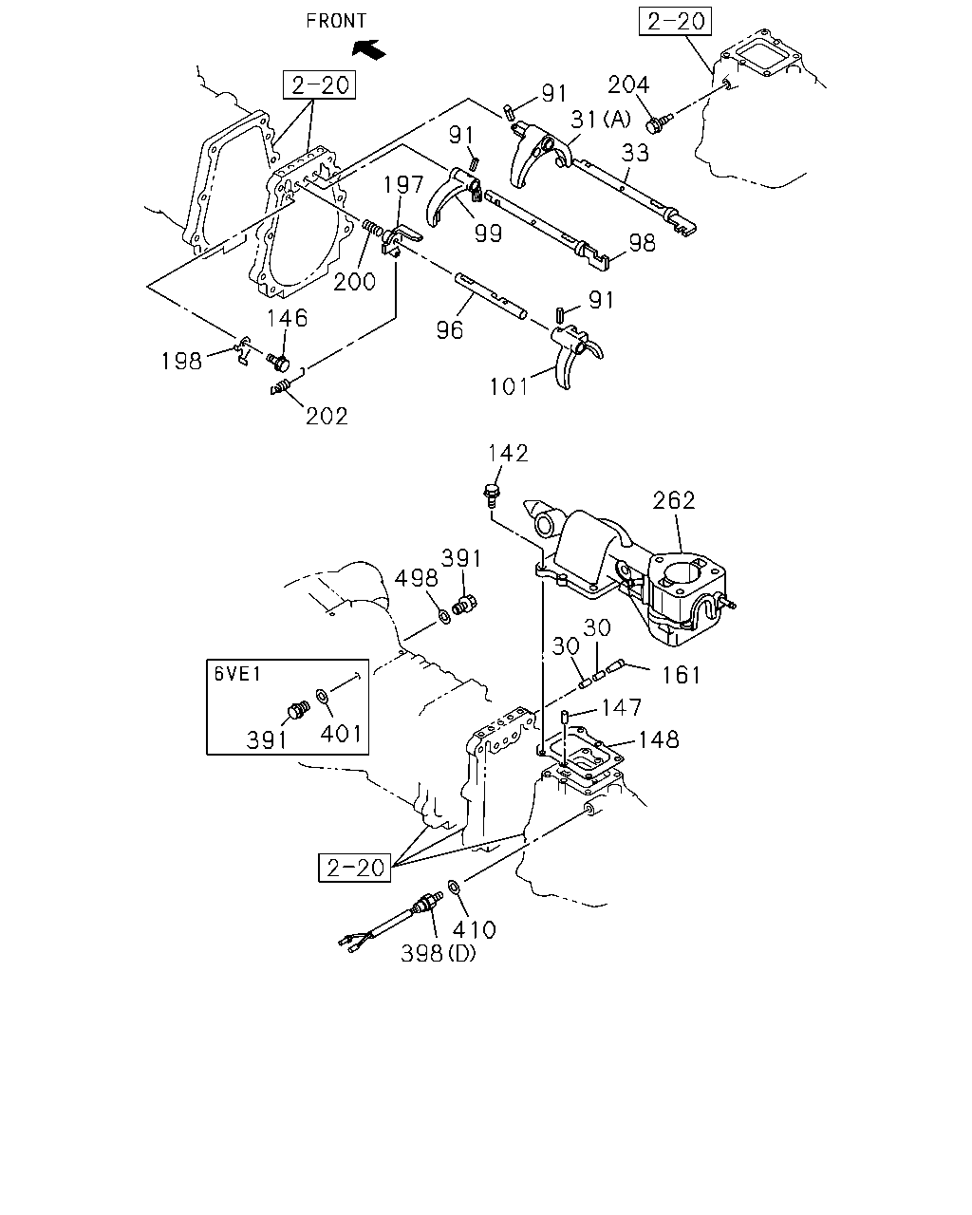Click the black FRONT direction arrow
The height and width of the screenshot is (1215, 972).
tap(368, 49)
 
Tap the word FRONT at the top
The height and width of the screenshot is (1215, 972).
tap(336, 21)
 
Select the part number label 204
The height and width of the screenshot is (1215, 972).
tap(628, 84)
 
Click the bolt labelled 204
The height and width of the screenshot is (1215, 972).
tap(659, 123)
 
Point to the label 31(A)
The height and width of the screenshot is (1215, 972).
tap(600, 120)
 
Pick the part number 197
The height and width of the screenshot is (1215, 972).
tap(403, 184)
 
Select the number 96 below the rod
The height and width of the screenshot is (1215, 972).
tap(450, 330)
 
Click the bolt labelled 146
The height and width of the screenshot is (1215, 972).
tap(278, 363)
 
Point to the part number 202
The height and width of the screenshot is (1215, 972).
tap(327, 416)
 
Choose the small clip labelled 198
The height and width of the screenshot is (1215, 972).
tap(243, 350)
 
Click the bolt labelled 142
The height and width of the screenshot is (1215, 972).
tap(492, 493)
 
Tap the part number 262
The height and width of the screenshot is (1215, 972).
tap(674, 500)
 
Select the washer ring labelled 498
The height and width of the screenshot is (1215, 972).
tap(445, 615)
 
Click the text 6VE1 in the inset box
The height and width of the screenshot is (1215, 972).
tap(237, 674)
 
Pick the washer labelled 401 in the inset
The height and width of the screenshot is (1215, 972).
tap(323, 697)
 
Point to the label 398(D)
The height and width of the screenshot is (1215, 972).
tap(439, 954)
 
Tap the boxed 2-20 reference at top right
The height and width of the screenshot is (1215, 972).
tap(676, 22)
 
